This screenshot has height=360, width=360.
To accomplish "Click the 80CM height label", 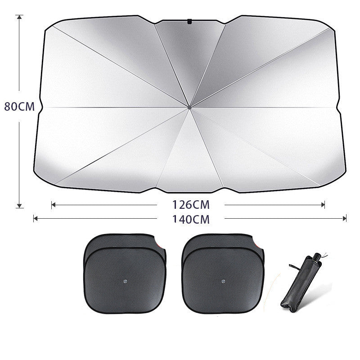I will point(19,107).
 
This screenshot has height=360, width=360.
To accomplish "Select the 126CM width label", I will point(191,205).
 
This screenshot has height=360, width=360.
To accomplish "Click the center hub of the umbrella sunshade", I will point(190,107).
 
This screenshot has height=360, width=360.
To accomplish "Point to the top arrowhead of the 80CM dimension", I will point(19,17).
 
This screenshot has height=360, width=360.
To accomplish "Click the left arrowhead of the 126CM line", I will point(53,205).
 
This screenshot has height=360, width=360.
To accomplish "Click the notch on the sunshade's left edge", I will point(40,107).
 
